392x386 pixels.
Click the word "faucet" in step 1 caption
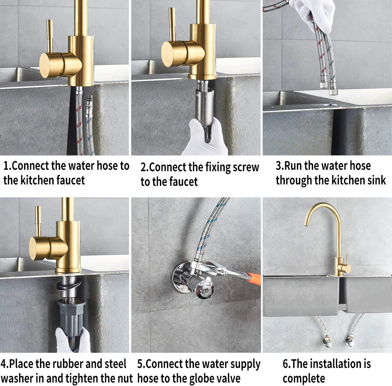point(70,180)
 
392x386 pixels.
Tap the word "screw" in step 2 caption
point(246,167)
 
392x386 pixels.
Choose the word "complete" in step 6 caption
point(304,378)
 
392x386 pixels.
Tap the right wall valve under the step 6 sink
point(349,341)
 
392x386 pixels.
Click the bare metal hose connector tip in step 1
point(90,101)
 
